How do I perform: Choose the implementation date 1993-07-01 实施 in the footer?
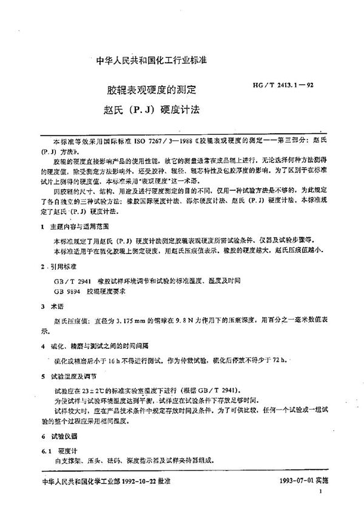click(311, 498)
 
